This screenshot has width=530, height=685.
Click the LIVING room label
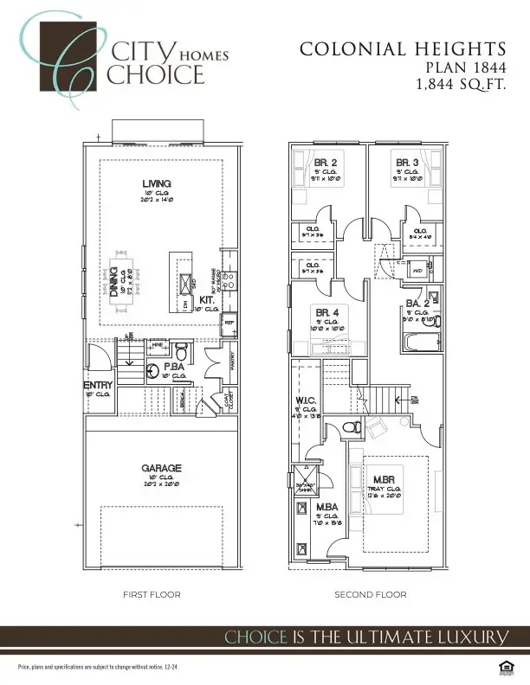coord(157,183)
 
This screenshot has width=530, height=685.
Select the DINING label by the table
coord(114,282)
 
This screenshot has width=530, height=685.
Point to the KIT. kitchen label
coord(207,299)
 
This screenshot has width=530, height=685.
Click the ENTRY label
coord(98,385)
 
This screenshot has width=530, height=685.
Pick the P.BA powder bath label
coord(173,368)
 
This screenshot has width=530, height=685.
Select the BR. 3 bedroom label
coord(408,163)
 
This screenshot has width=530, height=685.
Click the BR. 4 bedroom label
coord(326,311)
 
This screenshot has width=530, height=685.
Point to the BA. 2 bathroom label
coord(418,304)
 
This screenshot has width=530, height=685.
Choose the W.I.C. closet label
coord(308,400)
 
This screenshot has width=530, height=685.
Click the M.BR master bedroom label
coord(385,480)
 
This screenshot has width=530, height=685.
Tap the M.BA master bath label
coord(326,507)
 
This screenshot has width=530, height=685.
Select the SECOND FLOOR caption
coord(370,595)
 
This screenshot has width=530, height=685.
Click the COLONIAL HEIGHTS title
coord(402,49)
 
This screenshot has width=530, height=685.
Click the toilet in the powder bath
coord(181,352)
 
